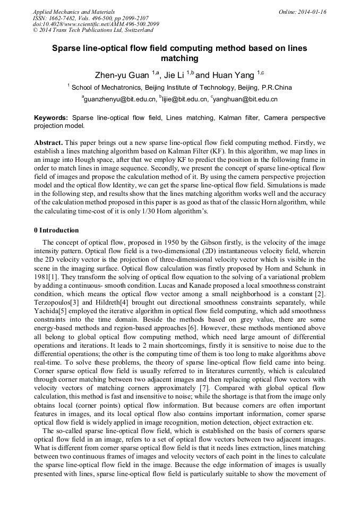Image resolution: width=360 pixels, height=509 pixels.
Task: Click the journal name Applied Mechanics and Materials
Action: point(74,11)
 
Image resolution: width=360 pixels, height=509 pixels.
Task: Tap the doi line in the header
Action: point(96,24)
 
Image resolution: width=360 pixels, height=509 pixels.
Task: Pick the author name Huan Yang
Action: point(233,75)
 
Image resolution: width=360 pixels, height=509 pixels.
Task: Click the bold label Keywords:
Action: point(51,117)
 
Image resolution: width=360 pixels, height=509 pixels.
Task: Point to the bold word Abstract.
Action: point(48,143)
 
